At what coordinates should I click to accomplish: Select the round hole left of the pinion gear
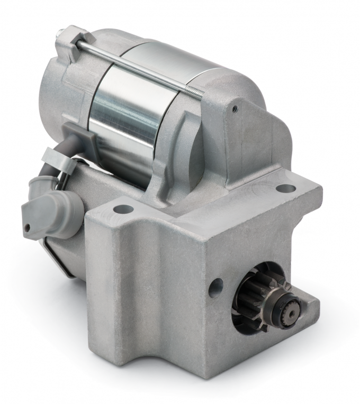click(215, 288)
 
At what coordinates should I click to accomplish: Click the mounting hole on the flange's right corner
click(286, 188)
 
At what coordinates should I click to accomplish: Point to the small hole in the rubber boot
click(27, 228)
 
